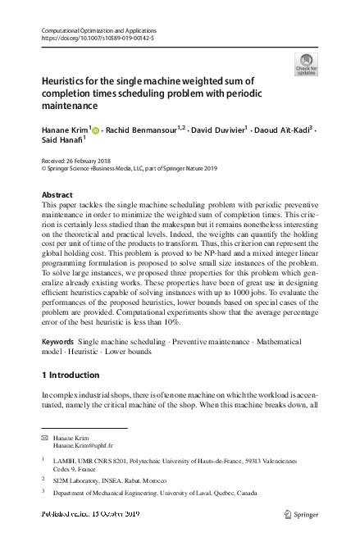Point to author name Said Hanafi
point(60,142)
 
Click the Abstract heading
point(56,194)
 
